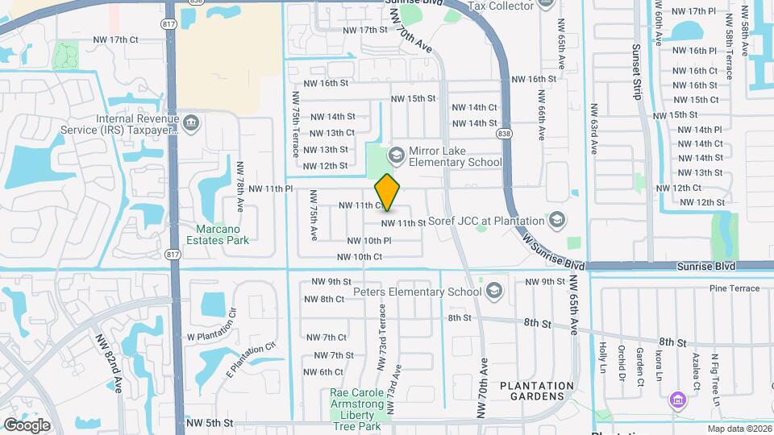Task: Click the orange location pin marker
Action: (x=388, y=193)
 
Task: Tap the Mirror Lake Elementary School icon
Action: (x=396, y=153)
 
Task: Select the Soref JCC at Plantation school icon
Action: (x=556, y=219)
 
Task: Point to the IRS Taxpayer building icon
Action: (x=191, y=123)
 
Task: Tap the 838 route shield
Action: (x=505, y=133)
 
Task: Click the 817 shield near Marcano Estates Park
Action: (x=172, y=255)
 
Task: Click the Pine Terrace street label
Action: (x=734, y=288)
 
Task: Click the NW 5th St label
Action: (x=209, y=422)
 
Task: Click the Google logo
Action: (x=27, y=425)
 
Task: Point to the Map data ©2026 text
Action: (x=739, y=429)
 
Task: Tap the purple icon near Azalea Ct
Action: (x=677, y=399)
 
